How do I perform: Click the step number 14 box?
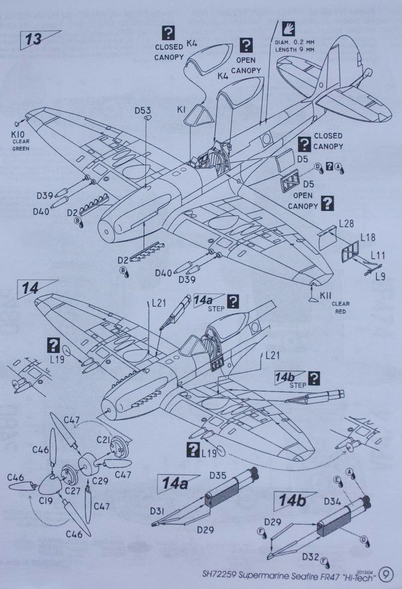click(31, 288)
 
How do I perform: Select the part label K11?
click(326, 295)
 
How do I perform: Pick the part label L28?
click(346, 223)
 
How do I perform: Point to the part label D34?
click(331, 500)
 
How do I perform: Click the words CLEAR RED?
click(340, 308)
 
